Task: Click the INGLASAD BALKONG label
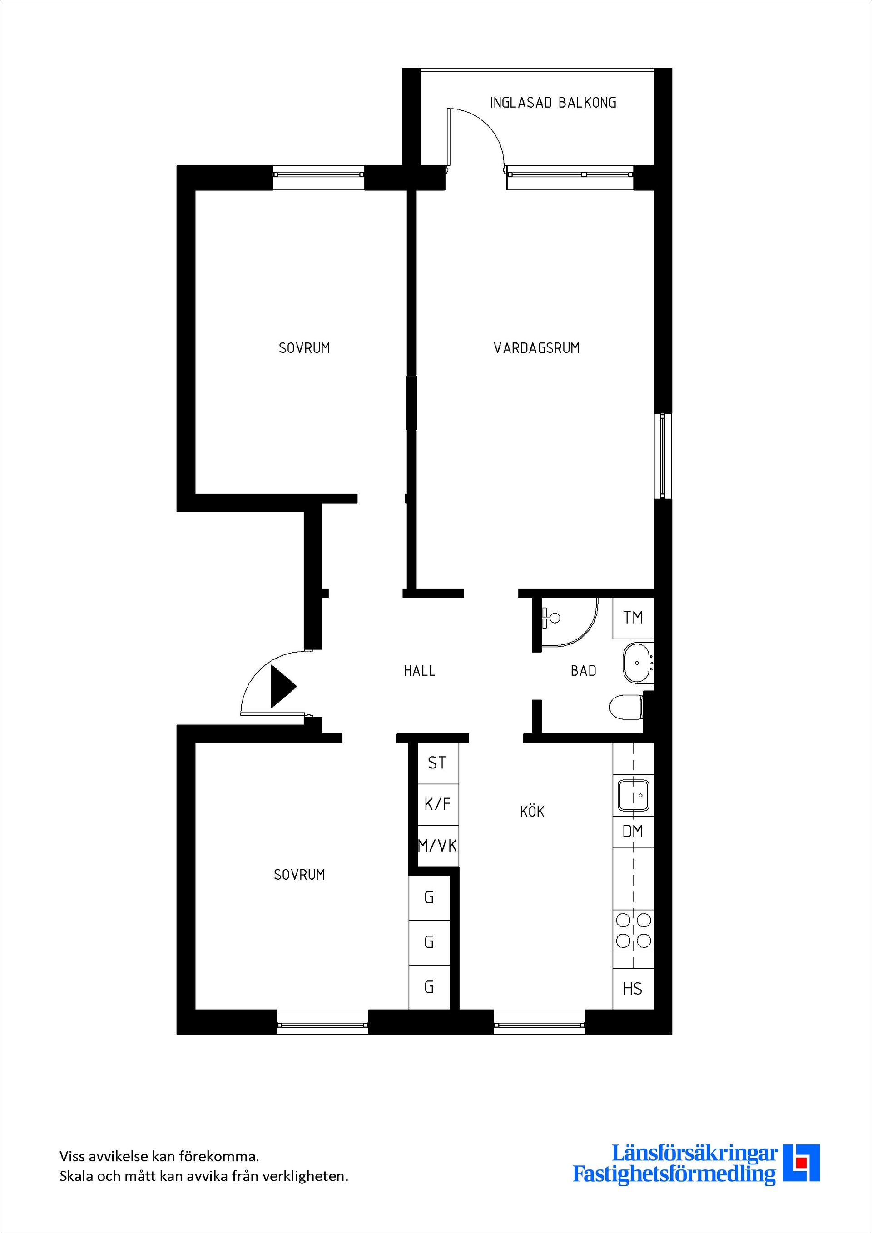click(553, 103)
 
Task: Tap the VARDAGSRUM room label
click(536, 348)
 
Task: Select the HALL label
click(419, 671)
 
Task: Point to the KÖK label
click(532, 812)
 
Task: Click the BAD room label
click(583, 671)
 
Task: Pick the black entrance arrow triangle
click(282, 686)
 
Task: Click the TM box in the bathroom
click(633, 618)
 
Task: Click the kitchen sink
click(634, 795)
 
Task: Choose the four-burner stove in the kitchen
click(634, 931)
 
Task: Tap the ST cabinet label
click(436, 763)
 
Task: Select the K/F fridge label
click(437, 804)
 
